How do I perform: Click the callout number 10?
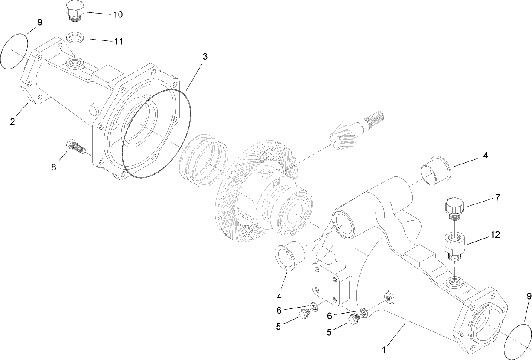(118, 14)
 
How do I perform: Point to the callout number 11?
(118, 41)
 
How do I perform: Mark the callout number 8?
(54, 167)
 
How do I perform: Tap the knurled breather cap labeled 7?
(454, 207)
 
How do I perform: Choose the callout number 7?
(486, 198)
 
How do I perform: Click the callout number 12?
(483, 235)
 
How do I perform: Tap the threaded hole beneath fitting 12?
(454, 280)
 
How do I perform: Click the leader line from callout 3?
(195, 77)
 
